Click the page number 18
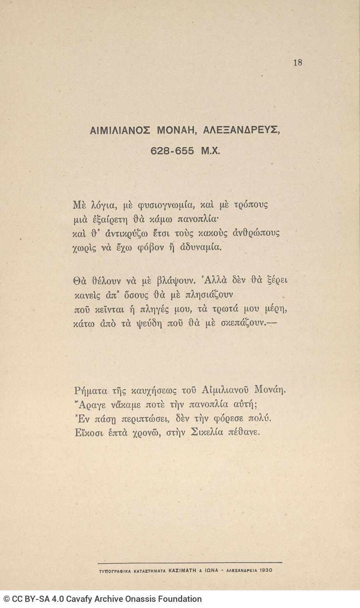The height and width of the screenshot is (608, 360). [x=298, y=62]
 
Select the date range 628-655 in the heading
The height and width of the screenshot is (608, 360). [x=172, y=151]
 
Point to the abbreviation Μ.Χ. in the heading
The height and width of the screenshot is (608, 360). [x=211, y=151]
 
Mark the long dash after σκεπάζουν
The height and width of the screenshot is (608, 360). [x=272, y=323]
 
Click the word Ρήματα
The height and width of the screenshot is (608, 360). [x=92, y=389]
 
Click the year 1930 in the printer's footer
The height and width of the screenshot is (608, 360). [x=265, y=571]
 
